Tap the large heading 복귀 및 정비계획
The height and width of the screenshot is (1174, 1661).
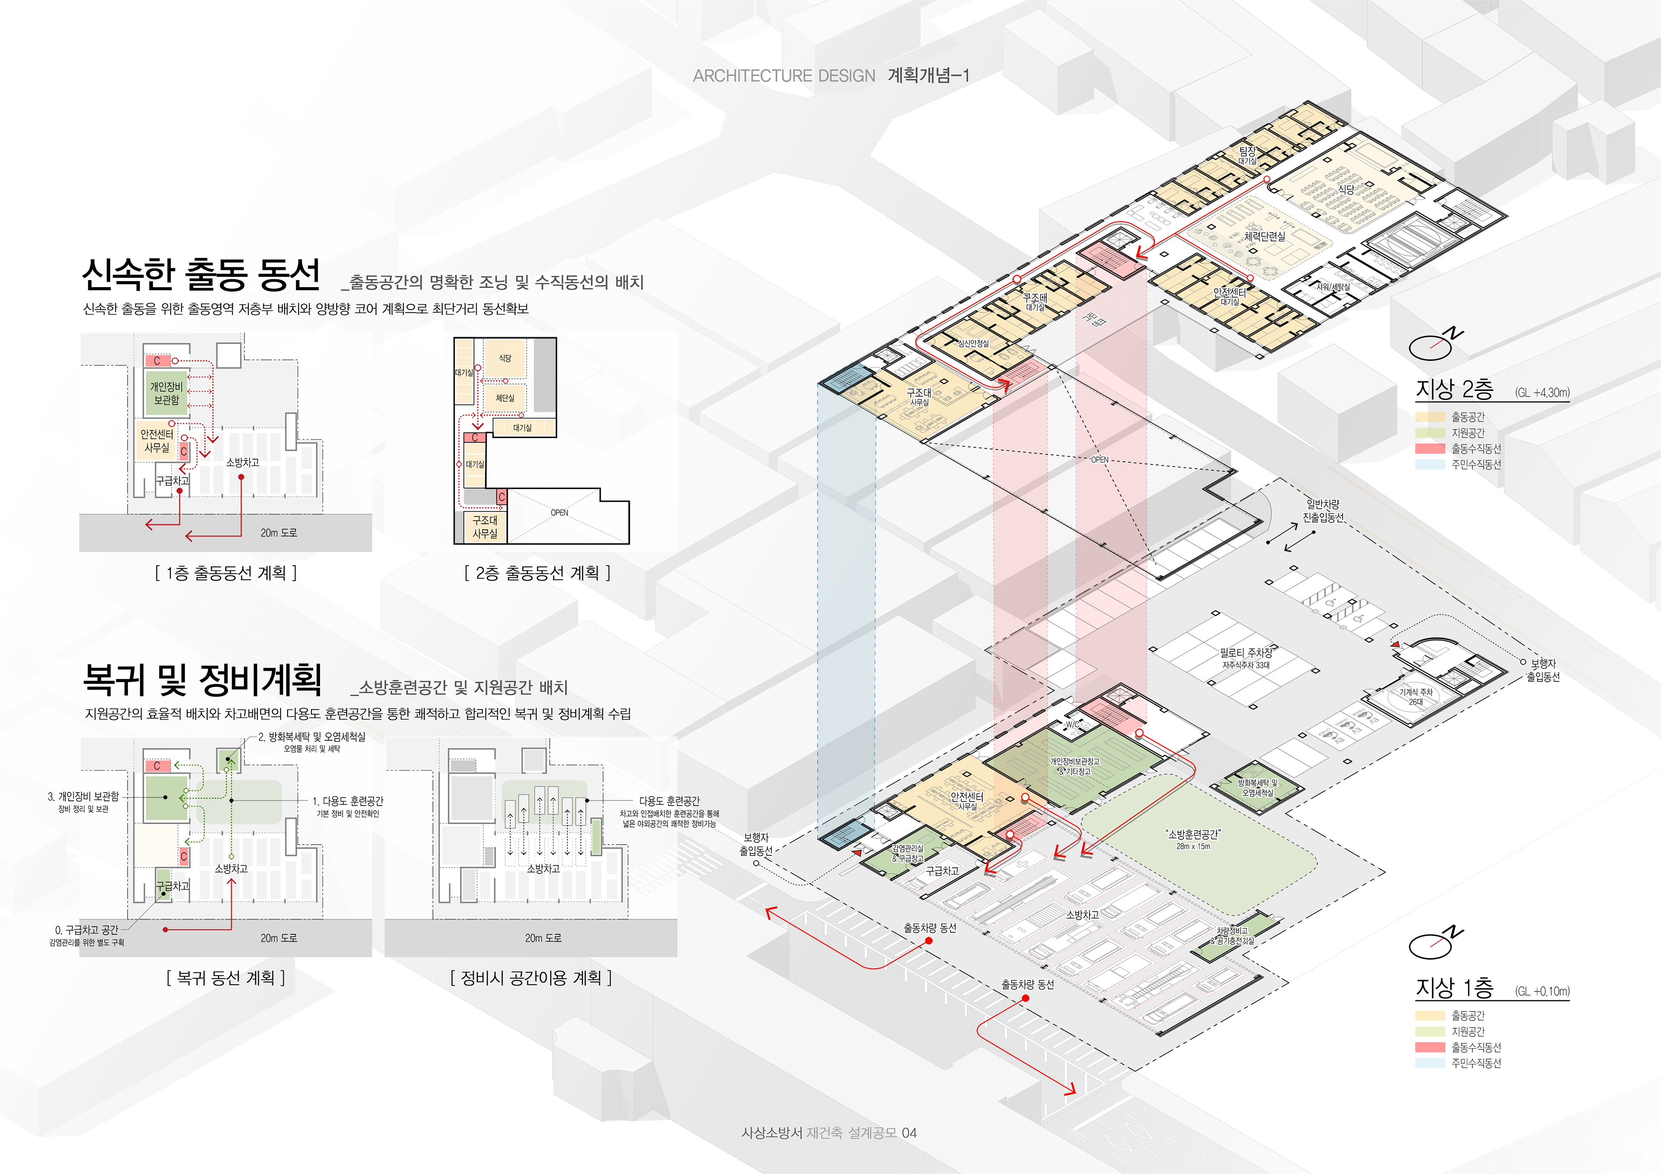click(x=202, y=680)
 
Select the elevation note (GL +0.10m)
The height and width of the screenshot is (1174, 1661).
click(x=1542, y=992)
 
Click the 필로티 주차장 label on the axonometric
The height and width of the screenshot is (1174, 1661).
click(x=1246, y=653)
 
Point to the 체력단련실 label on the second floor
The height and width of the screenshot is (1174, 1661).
click(x=1264, y=237)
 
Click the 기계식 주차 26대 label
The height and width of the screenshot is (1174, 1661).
click(x=1415, y=697)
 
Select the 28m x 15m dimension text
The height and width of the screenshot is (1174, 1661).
click(x=1193, y=846)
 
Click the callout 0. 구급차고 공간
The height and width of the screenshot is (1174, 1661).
click(x=87, y=930)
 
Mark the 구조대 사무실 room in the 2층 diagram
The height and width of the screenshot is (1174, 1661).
click(x=485, y=527)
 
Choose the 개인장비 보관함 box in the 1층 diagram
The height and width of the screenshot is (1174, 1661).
click(x=166, y=393)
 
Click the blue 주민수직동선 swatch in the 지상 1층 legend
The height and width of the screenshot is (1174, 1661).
click(x=1430, y=1063)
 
